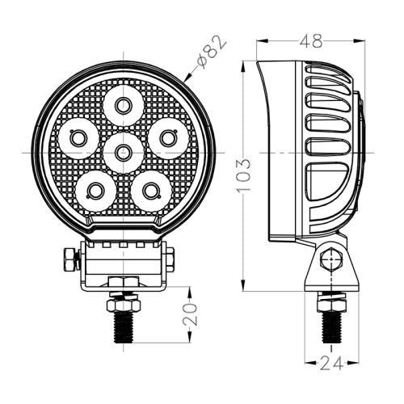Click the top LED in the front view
click(124, 104)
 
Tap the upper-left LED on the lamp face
click(78, 138)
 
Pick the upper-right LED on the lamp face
click(168, 138)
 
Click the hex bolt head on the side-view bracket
click(328, 261)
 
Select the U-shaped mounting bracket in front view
click(124, 263)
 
